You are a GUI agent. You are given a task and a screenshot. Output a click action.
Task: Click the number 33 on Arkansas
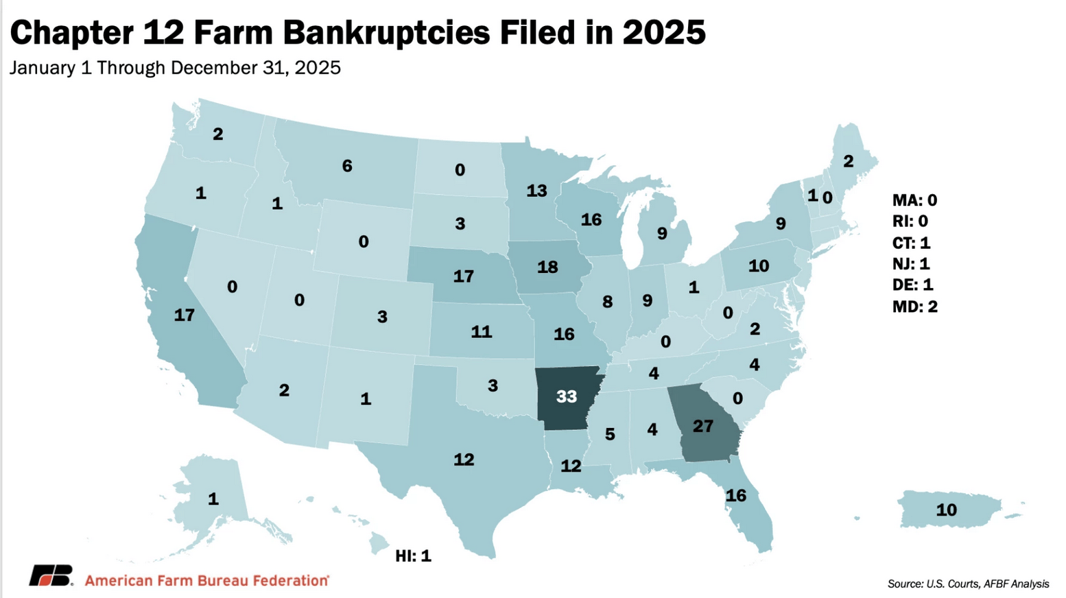coord(566,396)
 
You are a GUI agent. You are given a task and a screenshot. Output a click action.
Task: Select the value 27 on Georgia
coord(702,427)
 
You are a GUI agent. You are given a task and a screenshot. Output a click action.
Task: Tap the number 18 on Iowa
coord(547,267)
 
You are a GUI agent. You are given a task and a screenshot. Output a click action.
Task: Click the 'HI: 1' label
coord(413,556)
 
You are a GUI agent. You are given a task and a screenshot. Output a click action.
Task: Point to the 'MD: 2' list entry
coord(914,307)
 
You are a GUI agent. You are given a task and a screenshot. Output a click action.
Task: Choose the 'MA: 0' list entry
coord(914,200)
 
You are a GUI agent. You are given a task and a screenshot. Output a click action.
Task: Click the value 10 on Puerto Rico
coord(946,510)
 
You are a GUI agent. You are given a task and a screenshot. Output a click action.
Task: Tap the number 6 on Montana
coord(347,166)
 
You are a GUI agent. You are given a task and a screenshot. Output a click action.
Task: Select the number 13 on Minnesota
coord(536,191)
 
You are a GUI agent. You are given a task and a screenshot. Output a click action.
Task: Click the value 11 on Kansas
coord(481,332)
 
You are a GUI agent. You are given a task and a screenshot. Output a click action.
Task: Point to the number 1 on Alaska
coord(213,499)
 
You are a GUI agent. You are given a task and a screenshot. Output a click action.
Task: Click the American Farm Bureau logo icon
coord(51,576)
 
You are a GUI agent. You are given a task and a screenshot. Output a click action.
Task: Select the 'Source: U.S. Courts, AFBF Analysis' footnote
coord(967,584)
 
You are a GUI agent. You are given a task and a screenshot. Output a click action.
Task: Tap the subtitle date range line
coord(175,68)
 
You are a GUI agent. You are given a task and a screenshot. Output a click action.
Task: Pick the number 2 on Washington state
coord(217,134)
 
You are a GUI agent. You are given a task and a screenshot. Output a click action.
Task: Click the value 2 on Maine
coord(848,161)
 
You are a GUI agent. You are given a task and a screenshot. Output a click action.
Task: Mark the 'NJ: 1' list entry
coord(911,264)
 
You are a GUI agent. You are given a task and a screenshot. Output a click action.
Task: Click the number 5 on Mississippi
coord(609,434)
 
